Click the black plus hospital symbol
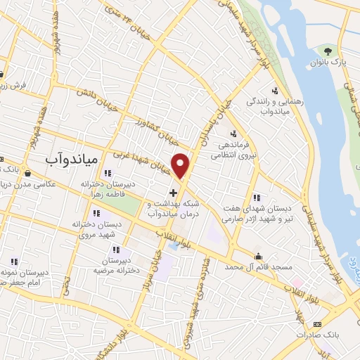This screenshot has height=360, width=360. (173, 192)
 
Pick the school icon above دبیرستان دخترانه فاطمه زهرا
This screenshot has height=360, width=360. (107, 174)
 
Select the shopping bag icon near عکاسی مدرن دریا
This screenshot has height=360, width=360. (27, 172)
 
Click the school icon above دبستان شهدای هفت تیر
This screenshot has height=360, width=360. (256, 198)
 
